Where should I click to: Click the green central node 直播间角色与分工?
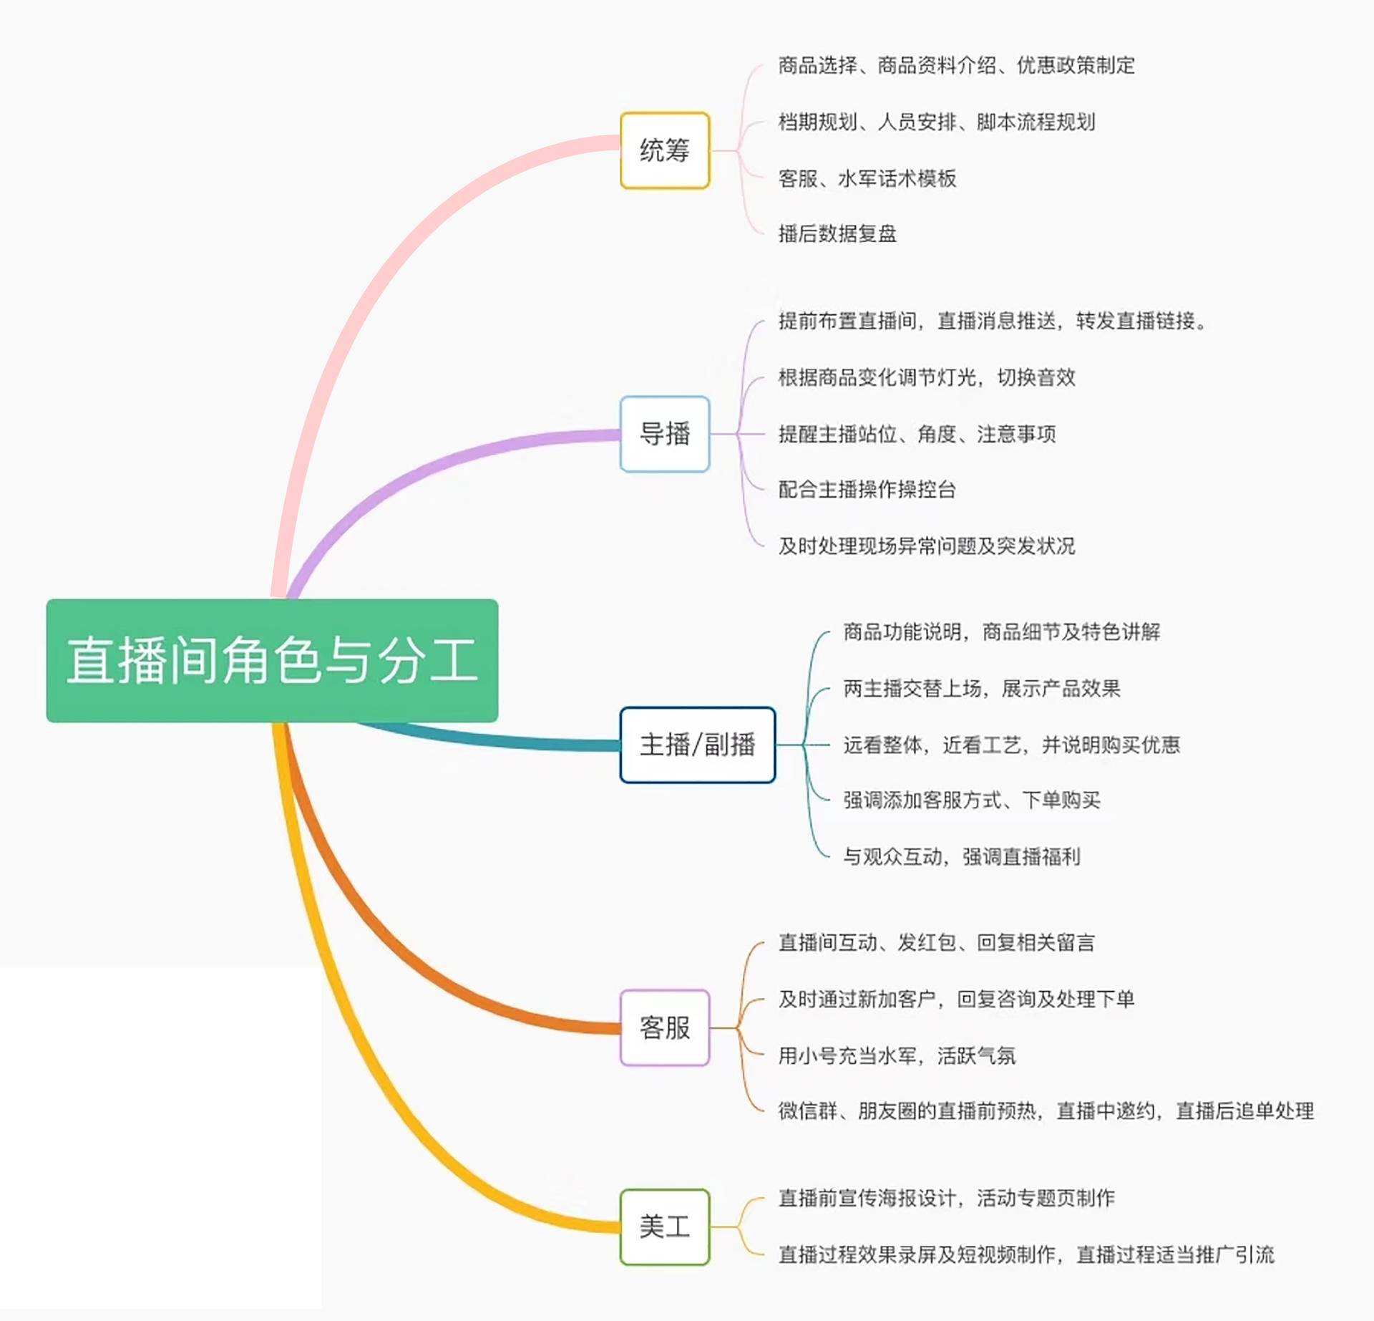tap(272, 660)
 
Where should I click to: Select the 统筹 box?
tap(664, 150)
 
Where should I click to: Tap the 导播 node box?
tap(664, 434)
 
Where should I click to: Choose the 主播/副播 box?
tap(697, 745)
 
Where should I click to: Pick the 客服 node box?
tap(664, 1027)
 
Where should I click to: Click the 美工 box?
tap(664, 1226)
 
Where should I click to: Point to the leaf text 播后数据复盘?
tap(837, 233)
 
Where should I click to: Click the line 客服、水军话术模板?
tap(867, 178)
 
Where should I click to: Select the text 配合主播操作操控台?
tap(867, 490)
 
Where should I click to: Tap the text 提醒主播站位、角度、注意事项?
tap(917, 434)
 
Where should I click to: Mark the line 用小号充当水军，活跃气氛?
tap(897, 1055)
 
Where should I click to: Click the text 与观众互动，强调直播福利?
tap(961, 856)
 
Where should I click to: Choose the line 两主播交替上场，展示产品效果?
tap(981, 689)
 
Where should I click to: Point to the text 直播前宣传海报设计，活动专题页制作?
tap(946, 1198)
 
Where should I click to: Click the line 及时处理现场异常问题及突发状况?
tap(927, 546)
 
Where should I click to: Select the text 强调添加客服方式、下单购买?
tap(971, 800)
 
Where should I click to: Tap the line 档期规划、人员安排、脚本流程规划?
tap(936, 122)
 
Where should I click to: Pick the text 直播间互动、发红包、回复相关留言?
tap(936, 942)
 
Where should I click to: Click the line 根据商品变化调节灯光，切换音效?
tap(927, 377)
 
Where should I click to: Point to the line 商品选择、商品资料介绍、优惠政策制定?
tap(956, 66)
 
